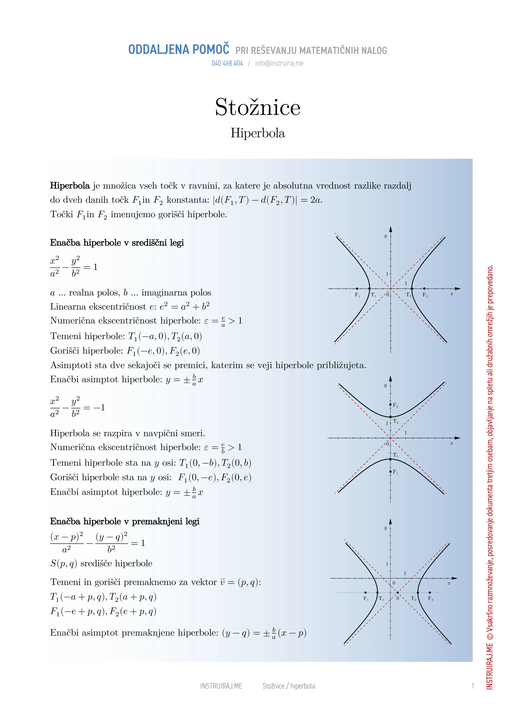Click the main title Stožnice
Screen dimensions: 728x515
pyautogui.click(x=257, y=107)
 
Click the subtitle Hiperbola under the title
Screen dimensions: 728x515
pyautogui.click(x=258, y=133)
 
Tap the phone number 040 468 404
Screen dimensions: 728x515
pyautogui.click(x=227, y=64)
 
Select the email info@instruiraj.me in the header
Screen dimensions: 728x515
pyautogui.click(x=279, y=64)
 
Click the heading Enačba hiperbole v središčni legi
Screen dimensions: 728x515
pyautogui.click(x=117, y=243)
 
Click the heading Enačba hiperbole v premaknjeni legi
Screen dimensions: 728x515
pyautogui.click(x=125, y=522)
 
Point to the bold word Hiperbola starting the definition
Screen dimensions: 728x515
pyautogui.click(x=70, y=186)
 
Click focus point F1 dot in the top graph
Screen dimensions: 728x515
pyautogui.click(x=357, y=288)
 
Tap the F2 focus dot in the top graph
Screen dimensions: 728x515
pyautogui.click(x=424, y=288)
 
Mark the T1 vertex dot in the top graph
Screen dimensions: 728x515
pyautogui.click(x=369, y=288)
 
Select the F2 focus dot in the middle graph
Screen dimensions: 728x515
pyautogui.click(x=391, y=405)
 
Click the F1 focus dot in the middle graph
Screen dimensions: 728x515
pyautogui.click(x=391, y=471)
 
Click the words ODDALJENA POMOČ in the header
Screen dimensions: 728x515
pyautogui.click(x=179, y=50)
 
